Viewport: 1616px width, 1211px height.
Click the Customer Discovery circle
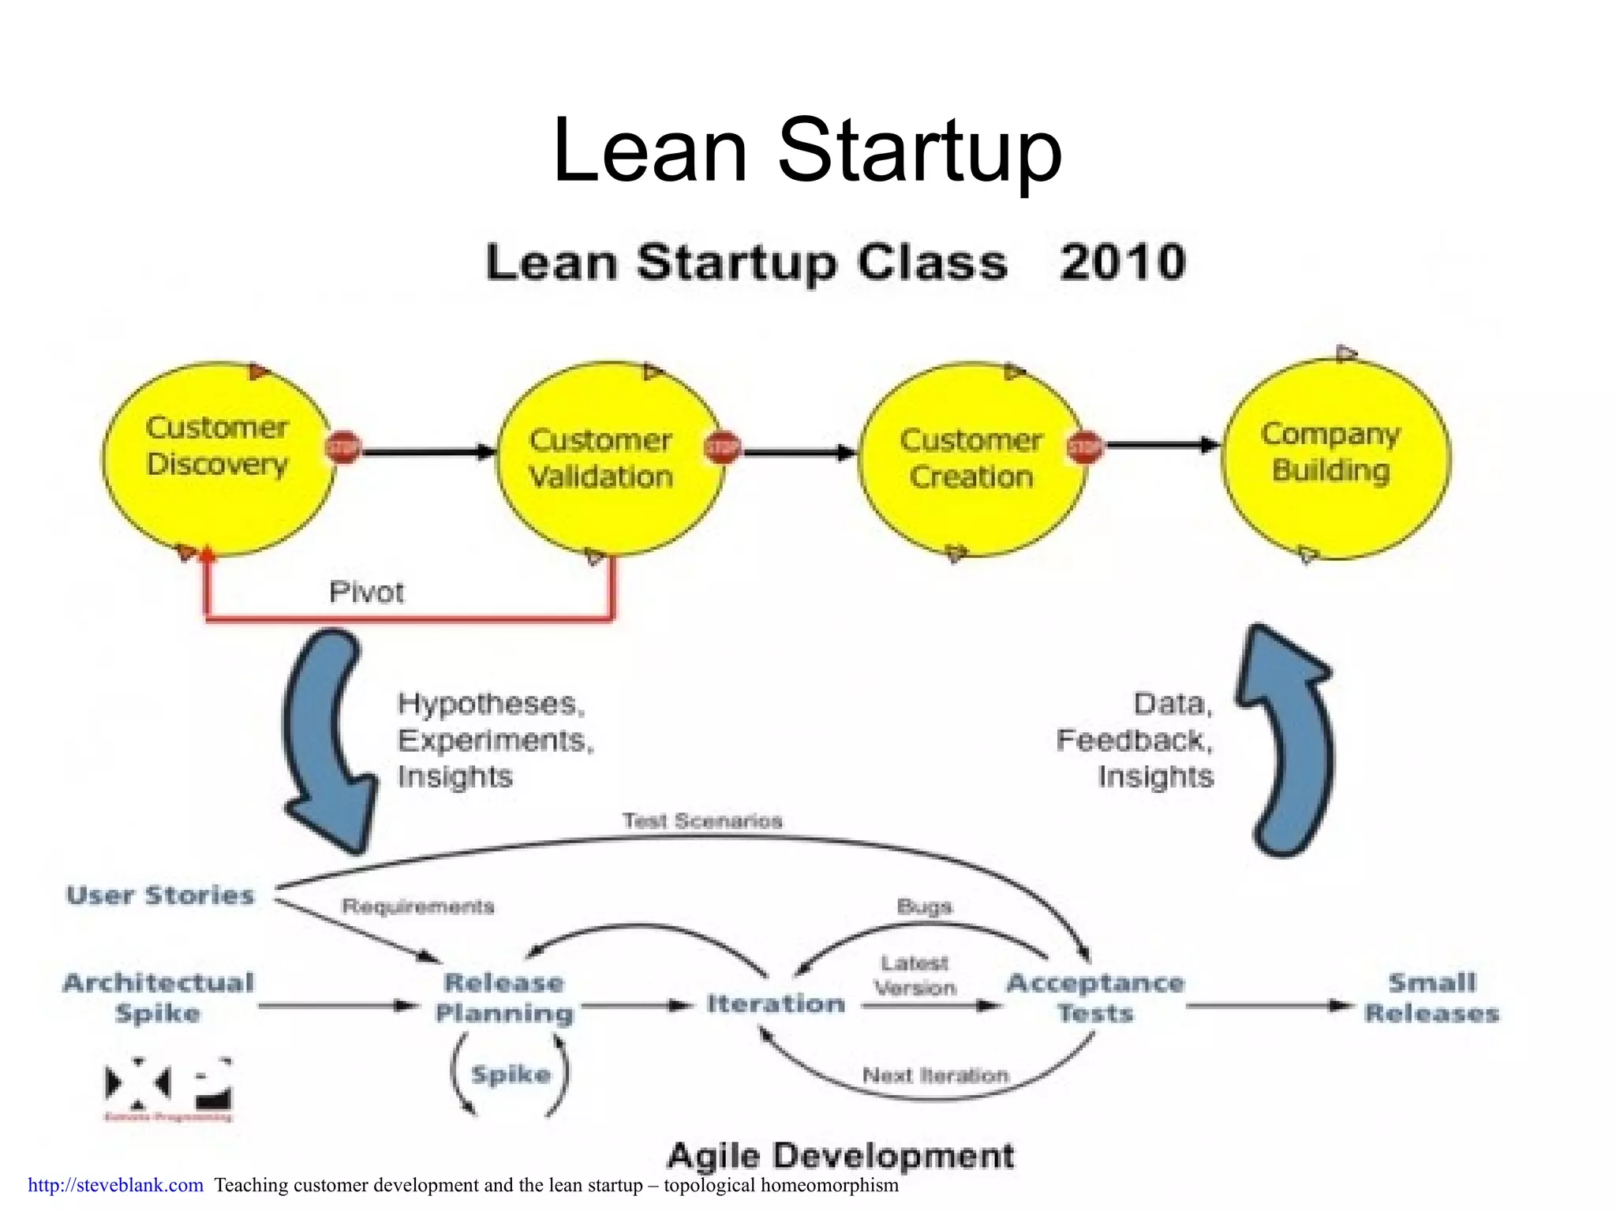[217, 458]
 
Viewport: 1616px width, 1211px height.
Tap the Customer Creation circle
[971, 458]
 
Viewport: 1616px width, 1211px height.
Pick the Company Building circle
[1335, 458]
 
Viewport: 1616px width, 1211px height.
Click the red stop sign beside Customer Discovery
[342, 448]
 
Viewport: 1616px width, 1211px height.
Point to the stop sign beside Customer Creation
[1084, 448]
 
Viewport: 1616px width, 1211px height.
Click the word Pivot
[366, 592]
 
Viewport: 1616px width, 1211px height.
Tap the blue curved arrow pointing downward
[327, 742]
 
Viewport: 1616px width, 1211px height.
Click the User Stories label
[160, 895]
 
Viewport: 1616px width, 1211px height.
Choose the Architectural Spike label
[158, 997]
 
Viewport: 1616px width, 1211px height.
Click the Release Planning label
[505, 997]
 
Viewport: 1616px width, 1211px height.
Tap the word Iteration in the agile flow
[776, 1004]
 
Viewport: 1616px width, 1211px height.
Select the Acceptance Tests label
[1095, 997]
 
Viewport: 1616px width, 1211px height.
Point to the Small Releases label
[1431, 997]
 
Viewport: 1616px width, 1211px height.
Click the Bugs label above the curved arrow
[924, 906]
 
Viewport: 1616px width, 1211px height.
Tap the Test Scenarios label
[702, 821]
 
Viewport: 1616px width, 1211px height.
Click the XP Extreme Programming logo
[169, 1089]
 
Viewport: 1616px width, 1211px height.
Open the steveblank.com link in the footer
[116, 1185]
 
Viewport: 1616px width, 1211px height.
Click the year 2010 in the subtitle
[1122, 263]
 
